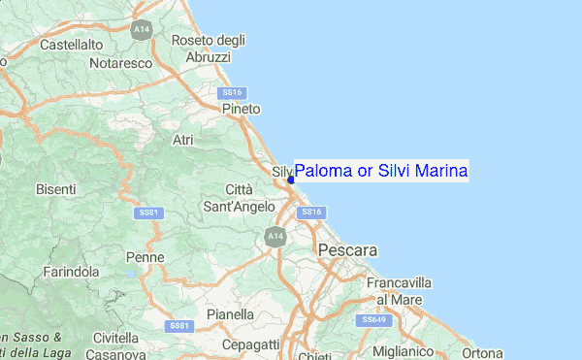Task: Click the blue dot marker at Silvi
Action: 291,179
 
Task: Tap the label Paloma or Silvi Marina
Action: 381,171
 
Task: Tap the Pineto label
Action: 241,110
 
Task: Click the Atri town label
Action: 182,141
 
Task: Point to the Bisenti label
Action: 55,189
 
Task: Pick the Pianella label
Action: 231,314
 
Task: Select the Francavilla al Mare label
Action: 399,291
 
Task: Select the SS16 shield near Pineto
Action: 230,93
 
